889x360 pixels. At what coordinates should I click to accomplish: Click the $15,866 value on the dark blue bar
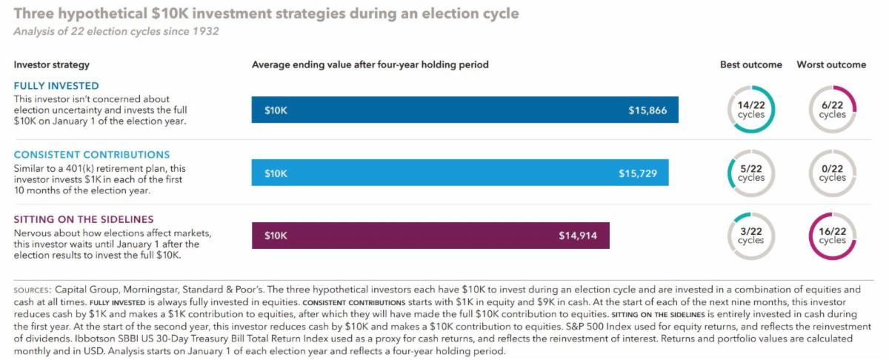(x=647, y=111)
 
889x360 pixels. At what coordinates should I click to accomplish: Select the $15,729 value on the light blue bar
(x=638, y=173)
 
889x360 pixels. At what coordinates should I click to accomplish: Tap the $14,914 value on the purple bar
(x=578, y=236)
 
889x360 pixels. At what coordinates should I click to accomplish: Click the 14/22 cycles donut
(x=750, y=110)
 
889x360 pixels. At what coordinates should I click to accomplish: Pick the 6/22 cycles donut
(x=832, y=110)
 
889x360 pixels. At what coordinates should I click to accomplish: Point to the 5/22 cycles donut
(x=750, y=173)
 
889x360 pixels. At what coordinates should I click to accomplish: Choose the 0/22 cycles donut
(x=832, y=173)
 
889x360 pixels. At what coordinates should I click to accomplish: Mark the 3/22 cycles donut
(x=750, y=236)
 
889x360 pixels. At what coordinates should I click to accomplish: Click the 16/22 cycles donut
(x=832, y=236)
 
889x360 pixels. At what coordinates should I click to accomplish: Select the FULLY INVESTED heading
(x=56, y=86)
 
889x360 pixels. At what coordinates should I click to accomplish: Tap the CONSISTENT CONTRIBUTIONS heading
(x=92, y=155)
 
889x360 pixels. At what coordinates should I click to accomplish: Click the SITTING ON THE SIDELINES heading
(x=84, y=219)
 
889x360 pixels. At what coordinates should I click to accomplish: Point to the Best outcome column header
(x=750, y=64)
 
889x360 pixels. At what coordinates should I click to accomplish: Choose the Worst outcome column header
(x=831, y=64)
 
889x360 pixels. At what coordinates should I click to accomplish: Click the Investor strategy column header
(x=52, y=64)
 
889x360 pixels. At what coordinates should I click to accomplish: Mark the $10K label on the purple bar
(x=276, y=236)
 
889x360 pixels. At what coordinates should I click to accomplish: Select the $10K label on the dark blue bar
(x=276, y=111)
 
